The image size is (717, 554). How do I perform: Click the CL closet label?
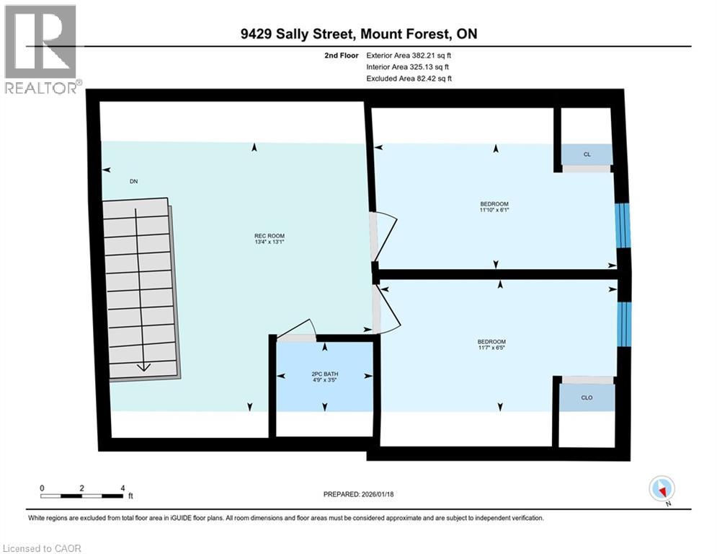tap(587, 154)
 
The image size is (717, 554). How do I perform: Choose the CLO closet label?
tap(587, 397)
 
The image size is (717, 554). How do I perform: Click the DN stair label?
tap(133, 181)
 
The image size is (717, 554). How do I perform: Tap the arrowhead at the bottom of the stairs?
tap(143, 366)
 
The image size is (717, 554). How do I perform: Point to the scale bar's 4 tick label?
tap(123, 488)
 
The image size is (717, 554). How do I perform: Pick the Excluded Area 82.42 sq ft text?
tap(409, 78)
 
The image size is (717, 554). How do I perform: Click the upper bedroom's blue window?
tap(623, 226)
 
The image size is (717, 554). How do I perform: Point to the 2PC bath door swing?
tap(295, 330)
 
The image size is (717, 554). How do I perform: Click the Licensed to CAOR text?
tap(42, 548)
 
